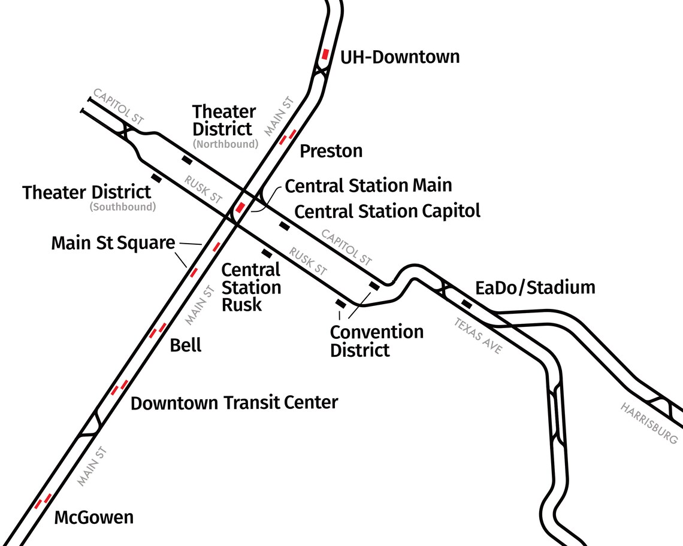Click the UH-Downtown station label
point(400,57)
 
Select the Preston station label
point(331,151)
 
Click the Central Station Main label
point(368,186)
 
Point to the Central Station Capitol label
point(388,211)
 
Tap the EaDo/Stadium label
point(535,288)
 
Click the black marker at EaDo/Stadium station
point(466,304)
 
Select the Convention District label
point(376,340)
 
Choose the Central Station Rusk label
point(251,287)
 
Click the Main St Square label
point(113,243)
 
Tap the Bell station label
point(186,345)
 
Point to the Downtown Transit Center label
point(234,403)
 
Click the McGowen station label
point(94,517)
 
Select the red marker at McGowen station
point(42,501)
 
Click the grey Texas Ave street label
point(478,335)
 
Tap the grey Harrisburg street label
point(649,423)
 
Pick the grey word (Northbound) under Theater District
point(225,144)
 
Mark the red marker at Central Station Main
point(240,208)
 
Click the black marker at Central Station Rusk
point(267,254)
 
